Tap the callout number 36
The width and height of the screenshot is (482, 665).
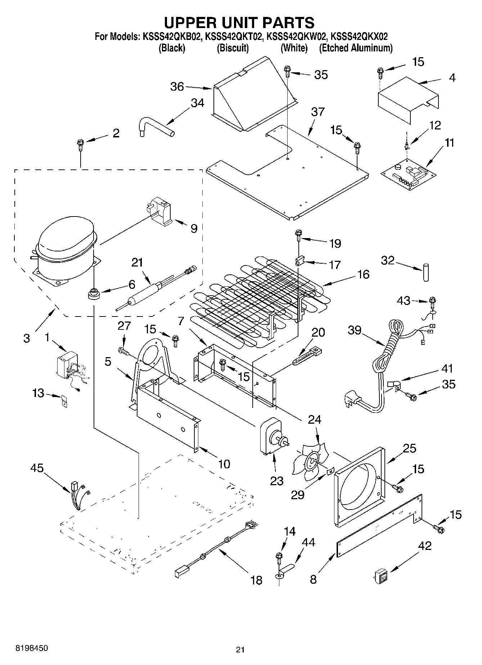tap(177, 87)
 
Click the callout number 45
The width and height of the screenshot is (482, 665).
tap(37, 468)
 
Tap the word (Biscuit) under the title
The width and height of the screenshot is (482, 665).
tap(233, 48)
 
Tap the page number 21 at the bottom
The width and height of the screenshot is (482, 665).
tap(240, 650)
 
